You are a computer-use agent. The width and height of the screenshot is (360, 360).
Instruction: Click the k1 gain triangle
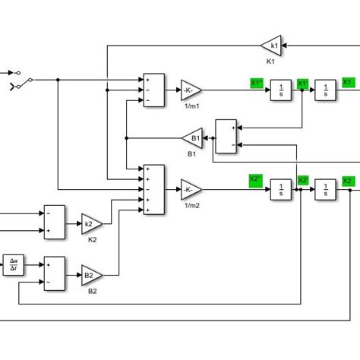[272, 45]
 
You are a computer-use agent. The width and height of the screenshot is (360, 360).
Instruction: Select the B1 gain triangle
[192, 138]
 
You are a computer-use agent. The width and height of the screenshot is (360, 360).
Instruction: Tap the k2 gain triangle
[91, 224]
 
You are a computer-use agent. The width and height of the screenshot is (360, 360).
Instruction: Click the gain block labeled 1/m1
[191, 90]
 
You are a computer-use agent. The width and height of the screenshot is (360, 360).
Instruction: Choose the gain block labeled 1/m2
[191, 189]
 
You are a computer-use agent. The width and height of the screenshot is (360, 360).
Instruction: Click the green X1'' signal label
[257, 82]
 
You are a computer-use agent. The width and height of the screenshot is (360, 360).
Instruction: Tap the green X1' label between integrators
[302, 83]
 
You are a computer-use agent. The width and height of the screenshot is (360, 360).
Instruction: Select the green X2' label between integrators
[302, 181]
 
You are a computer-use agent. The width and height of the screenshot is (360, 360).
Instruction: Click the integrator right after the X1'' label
[281, 91]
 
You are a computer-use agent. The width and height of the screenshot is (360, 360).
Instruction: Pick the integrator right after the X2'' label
[281, 189]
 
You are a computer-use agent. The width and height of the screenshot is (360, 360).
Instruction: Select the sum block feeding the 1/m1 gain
[153, 90]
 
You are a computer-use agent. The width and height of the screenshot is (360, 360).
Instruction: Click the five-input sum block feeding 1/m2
[153, 189]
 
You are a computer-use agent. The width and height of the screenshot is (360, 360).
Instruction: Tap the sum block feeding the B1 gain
[226, 137]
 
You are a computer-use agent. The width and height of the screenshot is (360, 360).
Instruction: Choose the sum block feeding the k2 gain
[55, 222]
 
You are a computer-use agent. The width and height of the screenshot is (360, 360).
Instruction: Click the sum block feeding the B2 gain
[55, 273]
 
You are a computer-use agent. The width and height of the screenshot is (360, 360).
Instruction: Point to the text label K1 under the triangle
[270, 61]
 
